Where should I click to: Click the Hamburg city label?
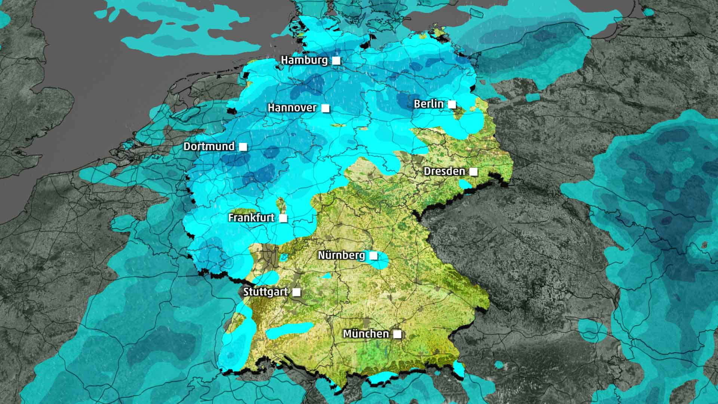pos(304,60)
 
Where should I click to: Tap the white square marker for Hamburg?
pos(336,61)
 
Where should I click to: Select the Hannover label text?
pos(292,108)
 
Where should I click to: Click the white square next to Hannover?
pos(325,108)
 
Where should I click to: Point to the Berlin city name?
pos(429,104)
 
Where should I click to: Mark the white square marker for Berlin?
pos(452,104)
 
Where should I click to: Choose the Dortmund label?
pos(209,146)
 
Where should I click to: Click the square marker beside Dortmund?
pos(243,147)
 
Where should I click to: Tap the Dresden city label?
pos(444,171)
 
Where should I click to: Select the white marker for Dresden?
pos(473,172)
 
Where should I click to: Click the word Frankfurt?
pos(251,218)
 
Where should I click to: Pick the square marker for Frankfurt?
pos(283,218)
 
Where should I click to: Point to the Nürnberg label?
pos(341,255)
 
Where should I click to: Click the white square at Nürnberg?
pos(373,256)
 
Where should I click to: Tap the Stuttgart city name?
pos(265,292)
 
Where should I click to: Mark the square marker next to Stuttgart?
pos(296,292)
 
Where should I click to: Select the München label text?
pos(366,334)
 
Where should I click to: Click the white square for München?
pos(397,334)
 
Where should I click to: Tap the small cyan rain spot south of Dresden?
pos(465,184)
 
